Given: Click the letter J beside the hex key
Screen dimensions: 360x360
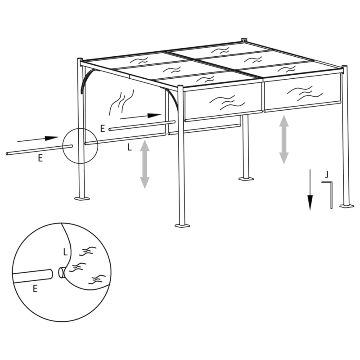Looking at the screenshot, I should pyautogui.click(x=327, y=173).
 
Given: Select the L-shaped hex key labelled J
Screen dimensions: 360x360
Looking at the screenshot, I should pyautogui.click(x=330, y=193).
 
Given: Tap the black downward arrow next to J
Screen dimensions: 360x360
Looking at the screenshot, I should pyautogui.click(x=310, y=189).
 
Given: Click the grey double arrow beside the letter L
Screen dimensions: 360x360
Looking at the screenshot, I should pyautogui.click(x=144, y=164).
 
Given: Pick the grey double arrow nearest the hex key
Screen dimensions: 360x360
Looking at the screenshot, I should pyautogui.click(x=283, y=139).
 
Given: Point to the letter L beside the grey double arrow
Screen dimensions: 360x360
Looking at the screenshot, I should pyautogui.click(x=130, y=147).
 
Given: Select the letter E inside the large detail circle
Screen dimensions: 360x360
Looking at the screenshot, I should pyautogui.click(x=35, y=289).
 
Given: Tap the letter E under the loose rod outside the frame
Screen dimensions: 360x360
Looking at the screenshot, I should pyautogui.click(x=40, y=158).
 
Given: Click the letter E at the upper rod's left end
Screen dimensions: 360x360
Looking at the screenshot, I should pyautogui.click(x=103, y=129).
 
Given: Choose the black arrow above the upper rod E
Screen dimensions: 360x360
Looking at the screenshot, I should pyautogui.click(x=140, y=117).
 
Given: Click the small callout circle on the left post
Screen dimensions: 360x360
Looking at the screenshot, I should pyautogui.click(x=80, y=145).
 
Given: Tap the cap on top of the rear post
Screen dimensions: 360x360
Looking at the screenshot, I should pyautogui.click(x=245, y=40).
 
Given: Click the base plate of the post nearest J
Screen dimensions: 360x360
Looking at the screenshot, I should pyautogui.click(x=346, y=206).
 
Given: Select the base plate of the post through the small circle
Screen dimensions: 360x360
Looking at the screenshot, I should pyautogui.click(x=82, y=198).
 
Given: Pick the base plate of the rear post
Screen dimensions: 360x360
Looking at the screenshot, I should pyautogui.click(x=246, y=179).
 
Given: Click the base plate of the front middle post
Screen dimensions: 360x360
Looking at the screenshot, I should pyautogui.click(x=182, y=225).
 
